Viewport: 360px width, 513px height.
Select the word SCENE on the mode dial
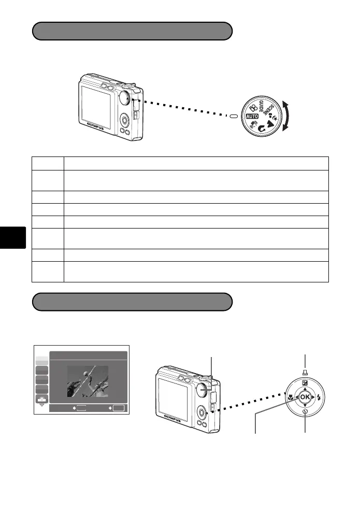click(268, 110)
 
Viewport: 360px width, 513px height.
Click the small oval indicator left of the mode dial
click(234, 116)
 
